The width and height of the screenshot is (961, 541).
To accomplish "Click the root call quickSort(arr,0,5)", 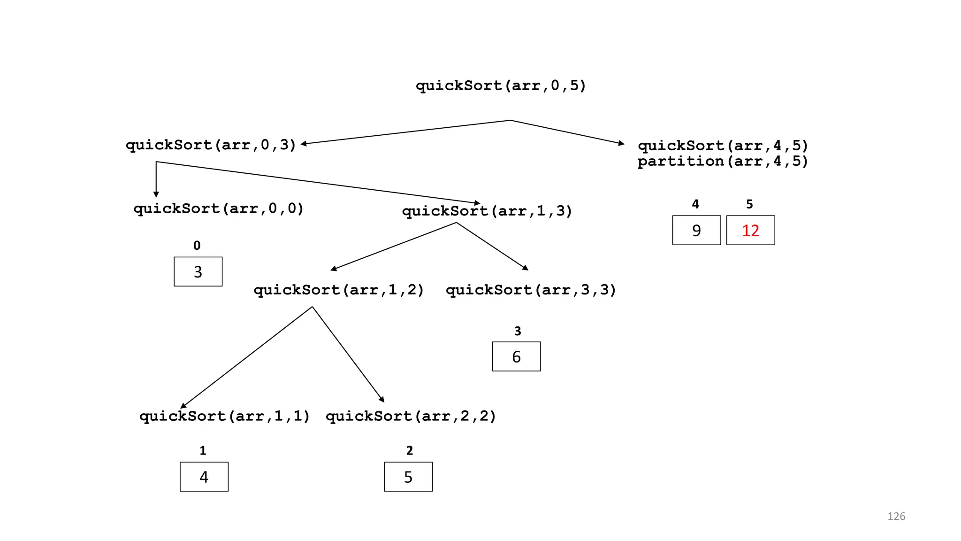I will (501, 86).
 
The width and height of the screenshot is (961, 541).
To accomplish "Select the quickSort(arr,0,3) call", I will (211, 145).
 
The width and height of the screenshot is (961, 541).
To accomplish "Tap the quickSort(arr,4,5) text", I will (723, 146).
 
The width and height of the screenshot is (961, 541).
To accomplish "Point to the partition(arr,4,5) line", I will (723, 162).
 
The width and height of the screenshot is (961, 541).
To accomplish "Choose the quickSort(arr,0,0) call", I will (219, 209).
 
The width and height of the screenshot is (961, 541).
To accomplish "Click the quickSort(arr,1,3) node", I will (487, 211).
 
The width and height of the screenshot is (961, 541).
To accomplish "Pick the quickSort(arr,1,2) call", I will (339, 290).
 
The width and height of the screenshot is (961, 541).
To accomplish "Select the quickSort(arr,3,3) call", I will (531, 290).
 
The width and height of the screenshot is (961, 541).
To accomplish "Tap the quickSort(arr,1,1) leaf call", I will (225, 416).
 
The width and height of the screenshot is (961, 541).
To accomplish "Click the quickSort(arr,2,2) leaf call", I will (411, 416).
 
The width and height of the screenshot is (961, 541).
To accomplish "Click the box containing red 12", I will (750, 230).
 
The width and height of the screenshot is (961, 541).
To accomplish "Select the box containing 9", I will (696, 230).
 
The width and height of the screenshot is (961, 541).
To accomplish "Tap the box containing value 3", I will (198, 271).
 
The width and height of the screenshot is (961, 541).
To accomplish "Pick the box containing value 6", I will (516, 356).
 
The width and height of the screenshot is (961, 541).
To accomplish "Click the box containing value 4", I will (204, 477).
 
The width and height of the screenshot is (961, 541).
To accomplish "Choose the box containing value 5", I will (408, 477).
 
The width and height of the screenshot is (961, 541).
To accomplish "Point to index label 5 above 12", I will (749, 204).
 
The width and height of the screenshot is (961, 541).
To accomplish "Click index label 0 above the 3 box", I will (197, 246).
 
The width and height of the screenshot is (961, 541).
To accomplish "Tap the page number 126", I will (896, 516).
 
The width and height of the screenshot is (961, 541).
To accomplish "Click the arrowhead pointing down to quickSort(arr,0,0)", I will (156, 194).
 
